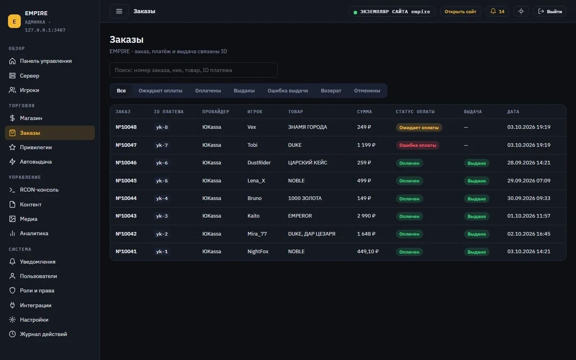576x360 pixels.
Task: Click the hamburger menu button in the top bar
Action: pos(119,12)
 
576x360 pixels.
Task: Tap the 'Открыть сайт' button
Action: pos(460,12)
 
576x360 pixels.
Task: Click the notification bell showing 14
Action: pos(497,12)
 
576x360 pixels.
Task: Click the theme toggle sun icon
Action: pos(521,12)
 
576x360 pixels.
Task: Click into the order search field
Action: pos(193,70)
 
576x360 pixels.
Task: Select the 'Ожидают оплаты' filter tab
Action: pos(160,91)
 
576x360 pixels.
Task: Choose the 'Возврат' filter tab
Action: pos(331,91)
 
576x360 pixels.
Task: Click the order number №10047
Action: pos(126,145)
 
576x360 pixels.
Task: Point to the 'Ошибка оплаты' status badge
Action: pos(418,145)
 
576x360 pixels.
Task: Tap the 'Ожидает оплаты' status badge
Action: pos(419,128)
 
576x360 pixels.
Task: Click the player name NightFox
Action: pos(258,251)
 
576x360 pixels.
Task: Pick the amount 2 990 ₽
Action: pos(366,216)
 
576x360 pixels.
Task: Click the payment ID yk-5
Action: pos(162,181)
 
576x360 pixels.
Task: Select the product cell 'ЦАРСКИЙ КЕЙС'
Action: pos(308,163)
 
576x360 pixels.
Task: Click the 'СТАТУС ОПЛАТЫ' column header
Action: pos(415,112)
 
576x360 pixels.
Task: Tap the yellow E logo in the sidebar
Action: pos(14,21)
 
